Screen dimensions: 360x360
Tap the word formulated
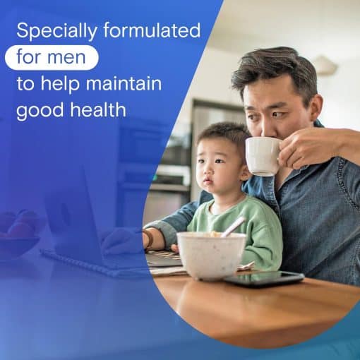[x=152, y=30]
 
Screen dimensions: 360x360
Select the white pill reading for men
[x=52, y=57]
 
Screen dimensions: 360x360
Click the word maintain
[x=124, y=83]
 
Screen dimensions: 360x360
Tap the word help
[x=60, y=85]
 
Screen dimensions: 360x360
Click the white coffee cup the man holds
[x=263, y=156]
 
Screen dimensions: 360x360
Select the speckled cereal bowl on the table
[x=211, y=255]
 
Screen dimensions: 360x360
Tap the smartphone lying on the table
[x=264, y=278]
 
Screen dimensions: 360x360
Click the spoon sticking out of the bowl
[x=233, y=227]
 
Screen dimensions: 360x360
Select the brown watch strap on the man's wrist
[x=149, y=239]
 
